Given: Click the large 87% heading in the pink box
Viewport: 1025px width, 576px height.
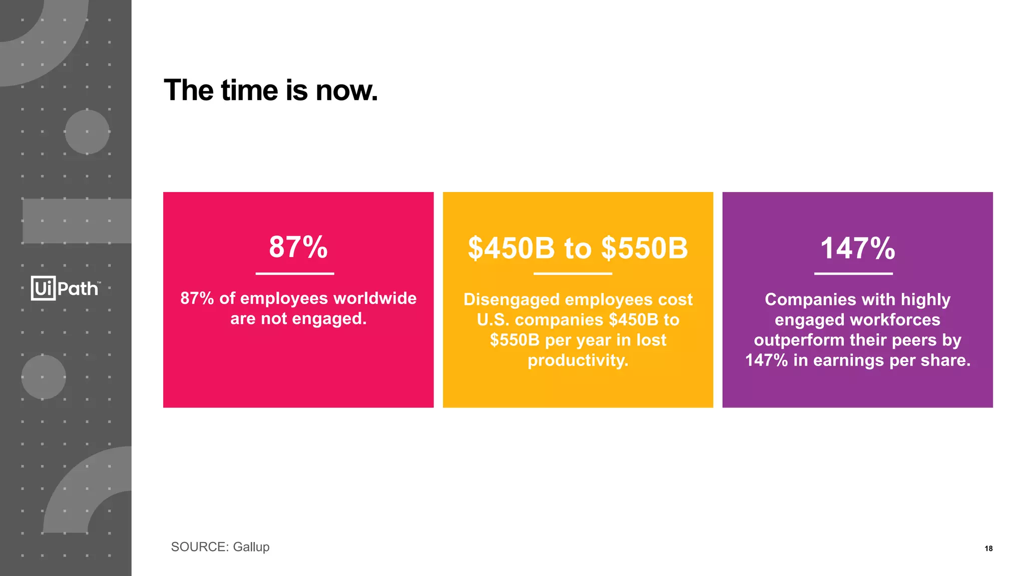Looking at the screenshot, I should pyautogui.click(x=298, y=247).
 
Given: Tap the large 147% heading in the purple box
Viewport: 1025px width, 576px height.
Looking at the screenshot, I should pyautogui.click(x=857, y=248).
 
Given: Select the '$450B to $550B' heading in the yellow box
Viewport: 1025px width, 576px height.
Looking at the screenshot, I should pyautogui.click(x=578, y=248).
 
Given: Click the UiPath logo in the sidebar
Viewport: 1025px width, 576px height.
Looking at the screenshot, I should pyautogui.click(x=66, y=288).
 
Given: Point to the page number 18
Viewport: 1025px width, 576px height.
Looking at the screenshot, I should pyautogui.click(x=988, y=548).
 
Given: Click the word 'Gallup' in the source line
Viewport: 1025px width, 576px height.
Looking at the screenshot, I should pyautogui.click(x=251, y=547).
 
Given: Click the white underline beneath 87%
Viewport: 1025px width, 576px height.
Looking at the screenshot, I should pyautogui.click(x=295, y=273).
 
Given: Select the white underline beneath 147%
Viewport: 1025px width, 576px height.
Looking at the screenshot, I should pyautogui.click(x=853, y=273).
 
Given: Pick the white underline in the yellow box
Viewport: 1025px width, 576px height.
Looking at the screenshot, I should pyautogui.click(x=573, y=273).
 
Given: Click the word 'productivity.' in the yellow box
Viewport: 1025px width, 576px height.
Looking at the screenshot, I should pyautogui.click(x=578, y=360).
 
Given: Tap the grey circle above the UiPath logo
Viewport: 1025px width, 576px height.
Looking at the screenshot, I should pyautogui.click(x=87, y=132).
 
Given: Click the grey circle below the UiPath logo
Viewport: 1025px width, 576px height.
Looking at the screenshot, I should pyautogui.click(x=44, y=377).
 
